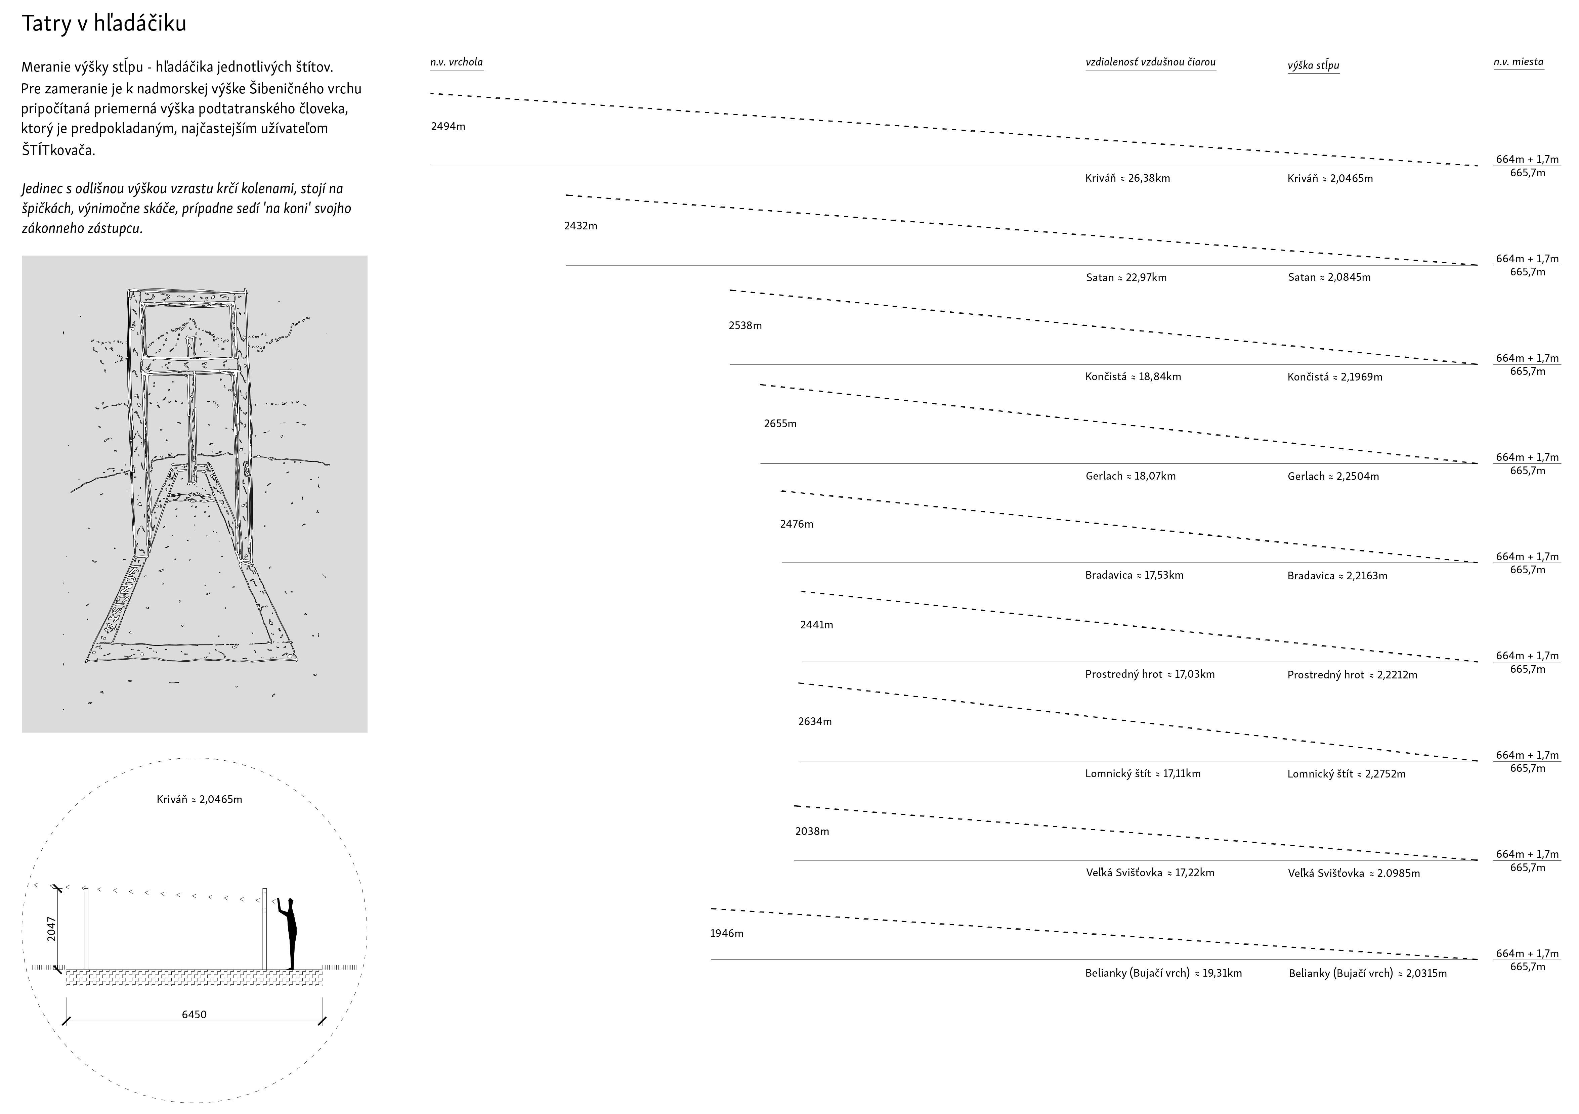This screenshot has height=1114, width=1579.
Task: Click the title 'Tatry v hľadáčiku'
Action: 104,24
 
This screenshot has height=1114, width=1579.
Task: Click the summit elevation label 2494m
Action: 448,127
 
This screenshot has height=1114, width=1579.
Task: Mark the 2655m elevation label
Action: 780,424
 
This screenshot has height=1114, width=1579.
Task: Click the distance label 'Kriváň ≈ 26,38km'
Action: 1127,178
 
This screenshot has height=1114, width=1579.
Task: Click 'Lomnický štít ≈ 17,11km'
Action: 1142,773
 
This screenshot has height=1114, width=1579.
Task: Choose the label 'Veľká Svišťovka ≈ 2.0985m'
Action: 1354,873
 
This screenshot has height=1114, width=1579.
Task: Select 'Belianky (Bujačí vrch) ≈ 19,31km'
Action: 1163,973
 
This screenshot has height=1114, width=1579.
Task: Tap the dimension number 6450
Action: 194,1014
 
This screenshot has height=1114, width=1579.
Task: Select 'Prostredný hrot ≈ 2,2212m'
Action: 1352,675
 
